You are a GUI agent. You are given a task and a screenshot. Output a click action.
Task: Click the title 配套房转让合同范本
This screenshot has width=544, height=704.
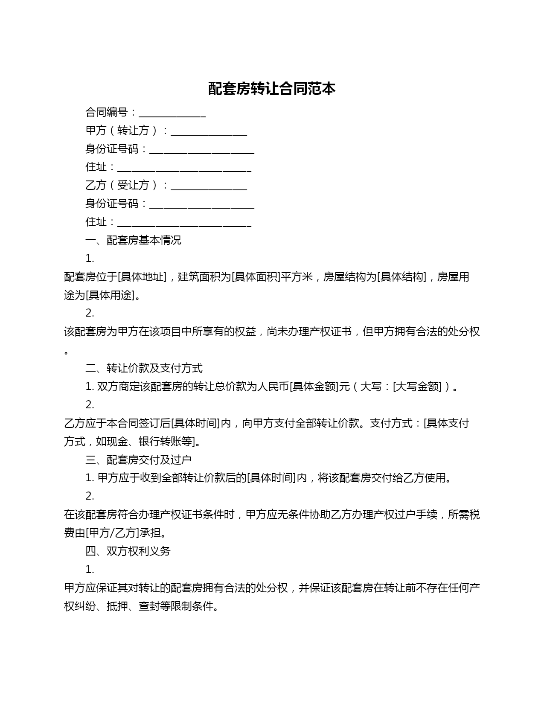coord(272,89)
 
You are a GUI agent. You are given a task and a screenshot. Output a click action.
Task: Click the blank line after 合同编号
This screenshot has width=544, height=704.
coord(172,113)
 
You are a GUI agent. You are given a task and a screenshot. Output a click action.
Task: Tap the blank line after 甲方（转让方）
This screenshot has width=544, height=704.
coord(209,131)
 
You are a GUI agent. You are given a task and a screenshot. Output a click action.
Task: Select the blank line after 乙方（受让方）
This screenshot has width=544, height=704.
coord(209,186)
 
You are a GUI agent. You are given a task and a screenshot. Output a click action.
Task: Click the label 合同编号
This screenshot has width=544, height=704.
coord(106,113)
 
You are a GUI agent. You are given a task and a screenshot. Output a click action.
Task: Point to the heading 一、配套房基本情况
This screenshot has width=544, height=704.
coord(133,240)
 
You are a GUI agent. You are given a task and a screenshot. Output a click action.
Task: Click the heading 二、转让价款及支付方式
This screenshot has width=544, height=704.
coord(144,368)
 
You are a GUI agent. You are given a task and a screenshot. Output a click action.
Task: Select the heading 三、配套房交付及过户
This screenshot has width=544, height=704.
coord(138,460)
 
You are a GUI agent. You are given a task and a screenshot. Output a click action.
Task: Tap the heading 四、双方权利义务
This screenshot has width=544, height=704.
coord(128,551)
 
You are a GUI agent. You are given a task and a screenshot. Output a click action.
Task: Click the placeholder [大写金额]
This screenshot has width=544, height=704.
coord(417,387)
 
